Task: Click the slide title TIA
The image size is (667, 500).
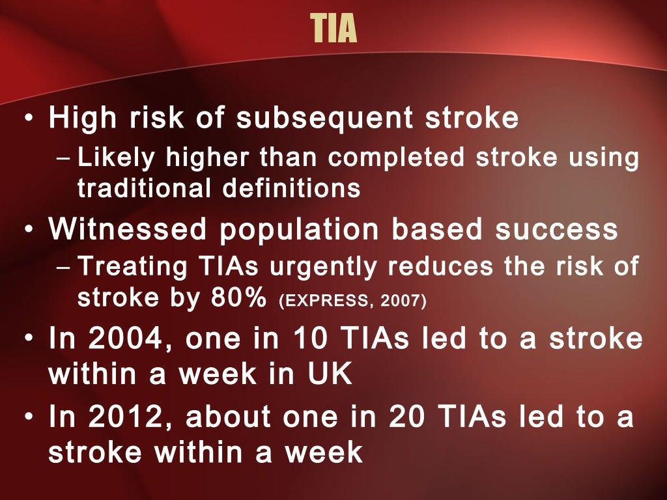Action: click(333, 29)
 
